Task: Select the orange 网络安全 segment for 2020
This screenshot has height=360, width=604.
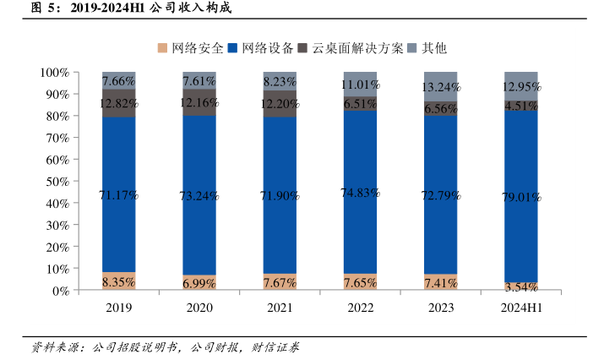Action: point(199,282)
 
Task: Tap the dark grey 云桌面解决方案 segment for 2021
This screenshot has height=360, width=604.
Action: point(280,103)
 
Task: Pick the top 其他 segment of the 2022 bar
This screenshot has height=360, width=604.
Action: point(360,83)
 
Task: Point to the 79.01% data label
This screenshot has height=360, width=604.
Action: point(520,195)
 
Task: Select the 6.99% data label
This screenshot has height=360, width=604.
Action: point(199,282)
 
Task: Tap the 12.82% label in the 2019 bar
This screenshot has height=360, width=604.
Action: point(119,103)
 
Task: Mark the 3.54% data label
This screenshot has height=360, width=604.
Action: point(520,287)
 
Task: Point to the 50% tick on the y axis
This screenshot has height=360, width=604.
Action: point(55,181)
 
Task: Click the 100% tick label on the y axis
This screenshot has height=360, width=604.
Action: point(52,72)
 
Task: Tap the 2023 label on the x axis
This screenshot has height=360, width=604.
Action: point(440,308)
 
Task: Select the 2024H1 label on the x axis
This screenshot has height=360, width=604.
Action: point(520,308)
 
